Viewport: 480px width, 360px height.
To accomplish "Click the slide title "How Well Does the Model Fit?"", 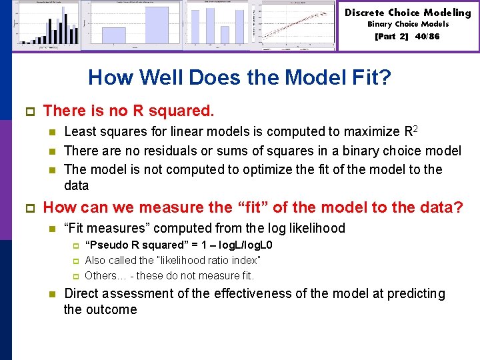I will point(239,78).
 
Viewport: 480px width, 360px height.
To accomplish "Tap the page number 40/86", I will point(427,37).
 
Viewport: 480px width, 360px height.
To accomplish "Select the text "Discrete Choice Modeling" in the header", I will point(408,12).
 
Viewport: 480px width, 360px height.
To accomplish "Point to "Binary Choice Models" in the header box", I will point(408,24).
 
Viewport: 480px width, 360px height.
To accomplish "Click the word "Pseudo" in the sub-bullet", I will point(103,245).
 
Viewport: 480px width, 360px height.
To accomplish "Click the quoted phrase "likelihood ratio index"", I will point(208,260).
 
